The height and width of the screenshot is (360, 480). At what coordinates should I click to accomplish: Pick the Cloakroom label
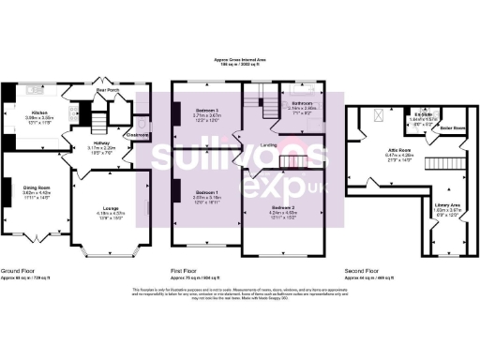(138, 135)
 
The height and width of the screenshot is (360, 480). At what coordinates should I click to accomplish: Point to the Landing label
(268, 144)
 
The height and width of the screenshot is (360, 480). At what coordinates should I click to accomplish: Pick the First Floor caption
(187, 272)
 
